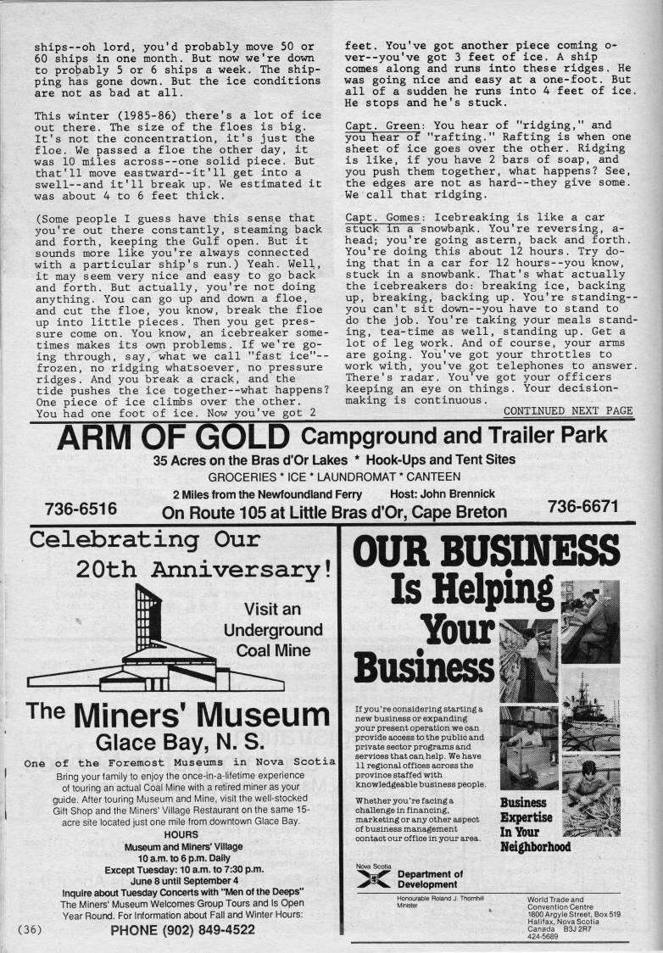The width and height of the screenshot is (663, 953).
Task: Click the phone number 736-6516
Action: pos(81,509)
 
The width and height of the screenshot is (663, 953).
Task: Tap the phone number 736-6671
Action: pos(582,507)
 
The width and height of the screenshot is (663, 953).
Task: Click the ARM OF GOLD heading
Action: pos(174,438)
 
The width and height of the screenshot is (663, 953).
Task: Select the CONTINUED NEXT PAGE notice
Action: pos(568,411)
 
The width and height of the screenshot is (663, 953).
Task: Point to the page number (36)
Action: pos(29,929)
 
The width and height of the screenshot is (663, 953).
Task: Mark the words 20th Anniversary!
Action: pos(203,568)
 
